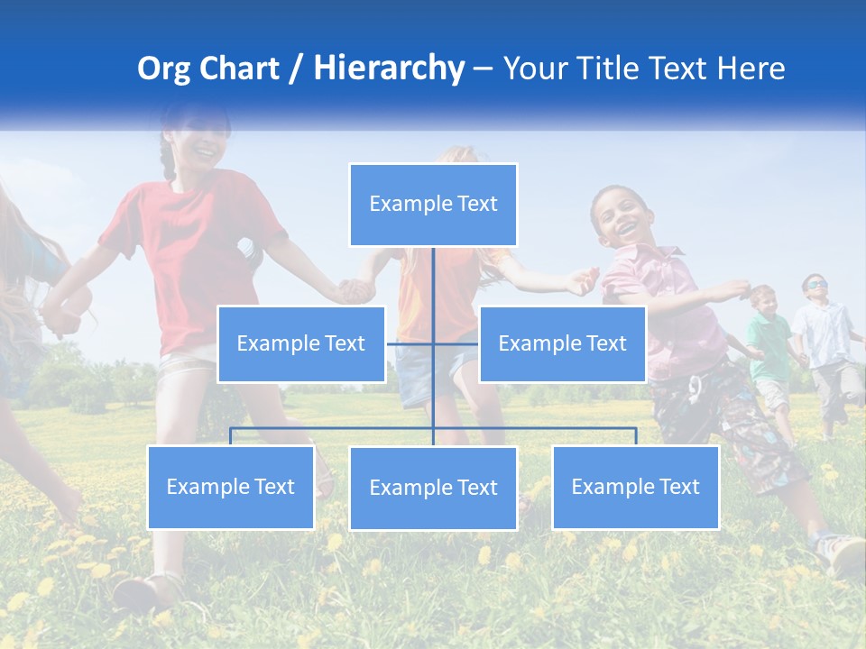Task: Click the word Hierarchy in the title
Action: [x=388, y=69]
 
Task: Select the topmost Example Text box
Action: [x=433, y=205]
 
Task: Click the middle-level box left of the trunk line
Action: [x=301, y=344]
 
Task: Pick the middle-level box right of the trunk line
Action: [x=562, y=344]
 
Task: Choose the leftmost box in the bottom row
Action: [x=231, y=488]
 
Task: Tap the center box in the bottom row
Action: [x=433, y=489]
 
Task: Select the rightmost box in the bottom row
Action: [x=635, y=488]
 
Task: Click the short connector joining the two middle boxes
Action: [x=410, y=343]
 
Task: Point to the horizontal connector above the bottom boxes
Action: [x=334, y=428]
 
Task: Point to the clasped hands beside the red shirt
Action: [x=354, y=290]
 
